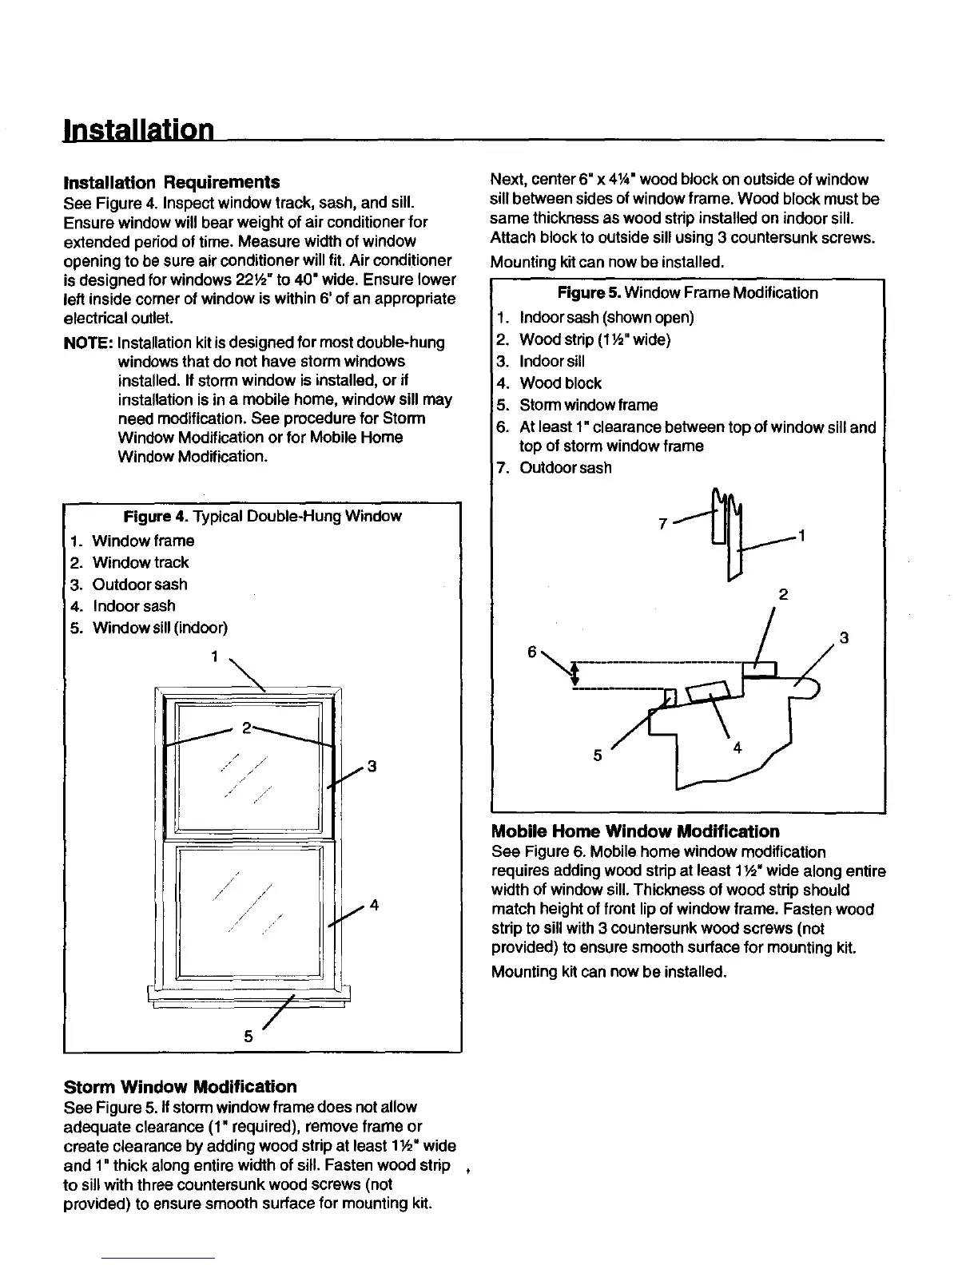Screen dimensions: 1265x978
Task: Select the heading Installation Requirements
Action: [171, 182]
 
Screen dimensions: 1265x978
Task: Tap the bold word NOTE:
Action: [87, 343]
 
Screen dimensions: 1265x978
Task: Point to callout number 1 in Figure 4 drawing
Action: [214, 657]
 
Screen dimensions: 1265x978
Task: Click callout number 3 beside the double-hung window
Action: [372, 767]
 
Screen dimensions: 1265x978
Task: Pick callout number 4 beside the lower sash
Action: [373, 905]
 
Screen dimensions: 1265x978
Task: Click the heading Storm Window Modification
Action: [180, 1087]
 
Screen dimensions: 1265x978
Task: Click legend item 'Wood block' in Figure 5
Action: [560, 383]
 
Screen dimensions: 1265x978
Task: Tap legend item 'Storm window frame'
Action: [588, 405]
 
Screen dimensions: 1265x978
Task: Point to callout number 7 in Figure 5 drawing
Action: [662, 525]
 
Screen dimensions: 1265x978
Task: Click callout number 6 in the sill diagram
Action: [531, 651]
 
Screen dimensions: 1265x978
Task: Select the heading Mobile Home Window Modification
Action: [635, 831]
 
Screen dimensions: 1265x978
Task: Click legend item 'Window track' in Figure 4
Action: [141, 563]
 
